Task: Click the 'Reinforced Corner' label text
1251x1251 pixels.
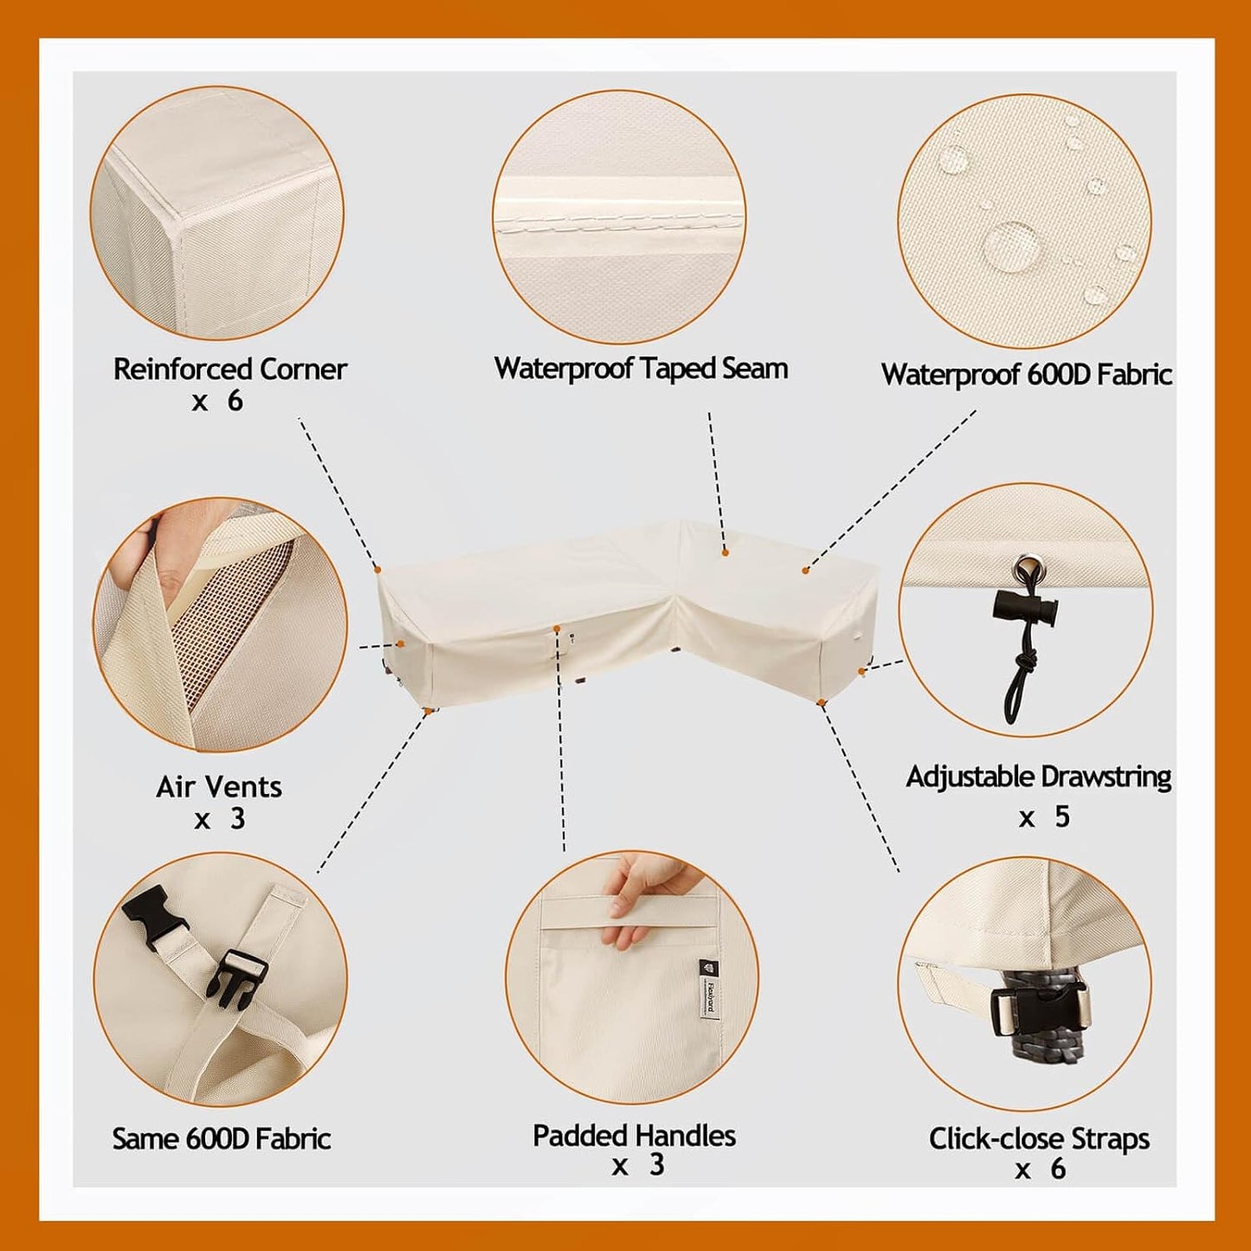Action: [x=229, y=370]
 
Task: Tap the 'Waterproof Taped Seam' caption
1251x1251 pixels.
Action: [x=641, y=369]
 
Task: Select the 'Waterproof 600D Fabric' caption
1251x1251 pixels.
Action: [x=1027, y=375]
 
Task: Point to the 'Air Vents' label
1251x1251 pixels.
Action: [x=219, y=787]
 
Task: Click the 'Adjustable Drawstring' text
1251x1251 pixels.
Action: [x=1038, y=777]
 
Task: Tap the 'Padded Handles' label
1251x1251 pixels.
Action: [x=635, y=1136]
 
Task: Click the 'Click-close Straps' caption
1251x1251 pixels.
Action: [x=1039, y=1138]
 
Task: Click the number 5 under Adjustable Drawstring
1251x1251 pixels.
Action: [x=1062, y=816]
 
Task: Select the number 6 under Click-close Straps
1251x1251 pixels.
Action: [x=1058, y=1169]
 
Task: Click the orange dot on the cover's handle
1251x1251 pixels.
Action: [x=557, y=629]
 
